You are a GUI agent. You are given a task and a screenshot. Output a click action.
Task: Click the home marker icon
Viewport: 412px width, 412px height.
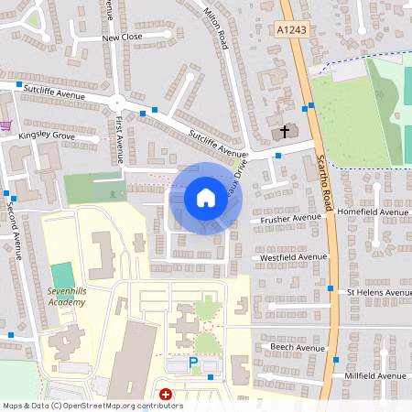tap(206, 196)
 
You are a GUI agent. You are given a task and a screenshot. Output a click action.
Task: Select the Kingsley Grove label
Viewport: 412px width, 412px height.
tap(46, 136)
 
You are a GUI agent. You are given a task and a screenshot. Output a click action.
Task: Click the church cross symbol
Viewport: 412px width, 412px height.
tap(284, 132)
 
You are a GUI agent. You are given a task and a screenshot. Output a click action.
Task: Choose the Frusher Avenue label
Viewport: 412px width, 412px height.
tap(291, 219)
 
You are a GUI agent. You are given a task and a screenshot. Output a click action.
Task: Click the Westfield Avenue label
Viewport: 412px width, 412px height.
tap(293, 258)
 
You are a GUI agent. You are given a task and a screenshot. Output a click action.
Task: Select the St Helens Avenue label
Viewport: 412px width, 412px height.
tap(379, 293)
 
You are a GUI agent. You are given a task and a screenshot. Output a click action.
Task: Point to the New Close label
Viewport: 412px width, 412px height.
tap(122, 38)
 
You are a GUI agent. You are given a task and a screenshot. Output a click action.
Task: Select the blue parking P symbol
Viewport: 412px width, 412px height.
tap(192, 363)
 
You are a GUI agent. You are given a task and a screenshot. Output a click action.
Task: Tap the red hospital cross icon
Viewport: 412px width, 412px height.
tap(166, 395)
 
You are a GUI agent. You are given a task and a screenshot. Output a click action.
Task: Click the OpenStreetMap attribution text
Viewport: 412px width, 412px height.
tap(92, 406)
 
